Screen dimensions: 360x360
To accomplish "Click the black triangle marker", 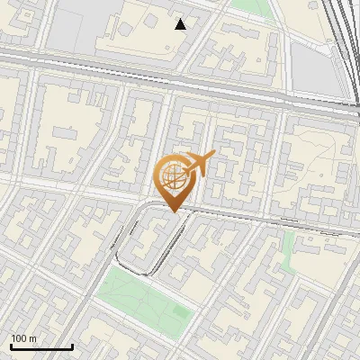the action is [x=181, y=24].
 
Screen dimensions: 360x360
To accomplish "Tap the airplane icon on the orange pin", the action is [x=199, y=164].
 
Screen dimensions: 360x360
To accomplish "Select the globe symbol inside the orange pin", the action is [x=171, y=174].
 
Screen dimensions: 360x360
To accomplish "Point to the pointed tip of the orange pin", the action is [x=171, y=211].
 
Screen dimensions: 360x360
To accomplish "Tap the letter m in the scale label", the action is [x=33, y=338].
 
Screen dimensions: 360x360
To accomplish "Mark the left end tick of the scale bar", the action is [x=11, y=346].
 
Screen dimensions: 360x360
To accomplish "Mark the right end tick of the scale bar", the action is [x=72, y=346].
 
